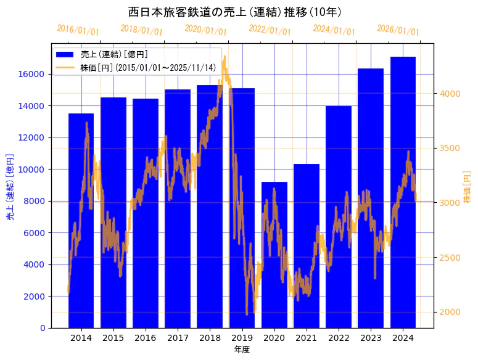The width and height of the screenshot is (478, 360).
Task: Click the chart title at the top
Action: pos(239,12)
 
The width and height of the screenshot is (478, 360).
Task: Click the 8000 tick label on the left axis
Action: pos(35,201)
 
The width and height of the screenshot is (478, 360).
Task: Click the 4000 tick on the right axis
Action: pos(450,94)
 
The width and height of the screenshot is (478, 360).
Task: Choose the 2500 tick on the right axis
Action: pos(450,258)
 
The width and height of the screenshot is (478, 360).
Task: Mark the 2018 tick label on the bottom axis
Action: pos(210,338)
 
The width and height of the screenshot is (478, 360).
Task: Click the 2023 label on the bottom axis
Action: pos(371,338)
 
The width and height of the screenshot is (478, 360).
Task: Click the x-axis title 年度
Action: pos(242,350)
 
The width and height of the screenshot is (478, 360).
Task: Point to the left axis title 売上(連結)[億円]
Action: pos(10,187)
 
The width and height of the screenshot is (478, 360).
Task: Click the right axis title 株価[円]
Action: pos(467,187)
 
